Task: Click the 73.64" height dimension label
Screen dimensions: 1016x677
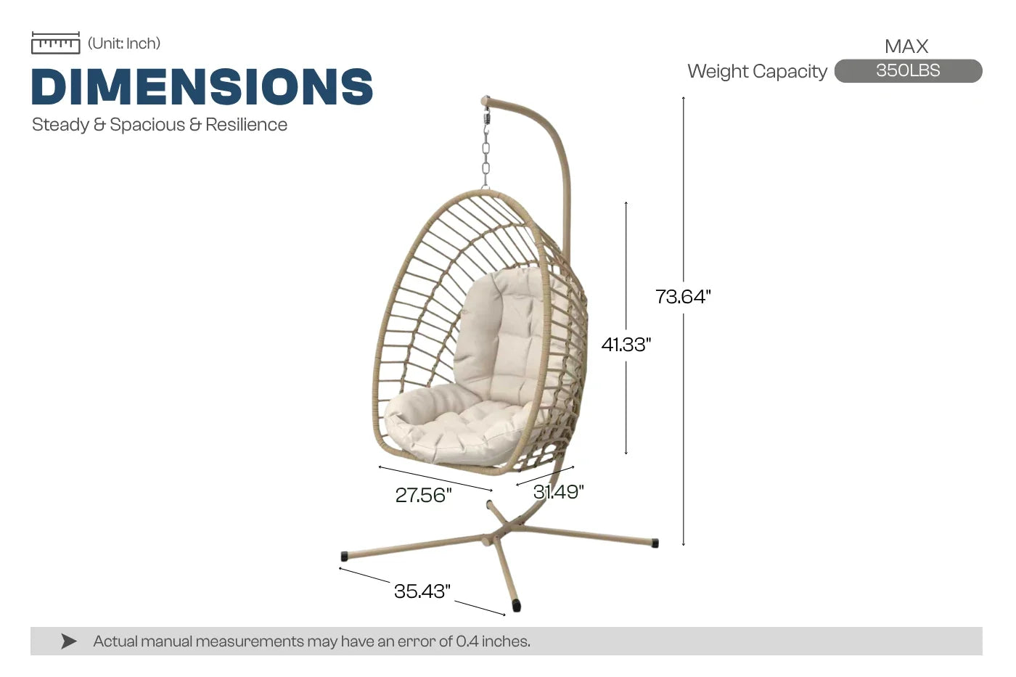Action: [x=683, y=297]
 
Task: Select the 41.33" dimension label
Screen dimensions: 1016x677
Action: [x=626, y=345]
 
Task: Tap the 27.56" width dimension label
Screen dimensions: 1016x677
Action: [x=424, y=495]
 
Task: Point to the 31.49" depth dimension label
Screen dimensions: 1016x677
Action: [x=558, y=492]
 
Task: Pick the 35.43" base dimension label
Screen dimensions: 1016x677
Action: [x=422, y=591]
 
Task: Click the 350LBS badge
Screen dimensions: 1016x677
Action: [x=908, y=70]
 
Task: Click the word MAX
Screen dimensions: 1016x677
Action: [x=906, y=46]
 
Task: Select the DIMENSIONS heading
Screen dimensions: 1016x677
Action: [x=202, y=86]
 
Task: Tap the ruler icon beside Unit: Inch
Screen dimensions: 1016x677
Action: [x=56, y=43]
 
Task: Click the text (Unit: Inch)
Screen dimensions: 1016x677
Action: [x=124, y=44]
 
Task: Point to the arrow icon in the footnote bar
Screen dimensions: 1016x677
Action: [x=68, y=641]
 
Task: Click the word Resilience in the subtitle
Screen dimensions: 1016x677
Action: [x=246, y=125]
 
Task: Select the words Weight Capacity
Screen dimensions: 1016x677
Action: [x=757, y=72]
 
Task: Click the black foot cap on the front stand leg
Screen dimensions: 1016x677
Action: [x=516, y=605]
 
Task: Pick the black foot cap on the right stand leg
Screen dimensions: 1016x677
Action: [x=655, y=543]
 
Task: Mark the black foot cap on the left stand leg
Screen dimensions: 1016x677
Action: [x=344, y=556]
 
